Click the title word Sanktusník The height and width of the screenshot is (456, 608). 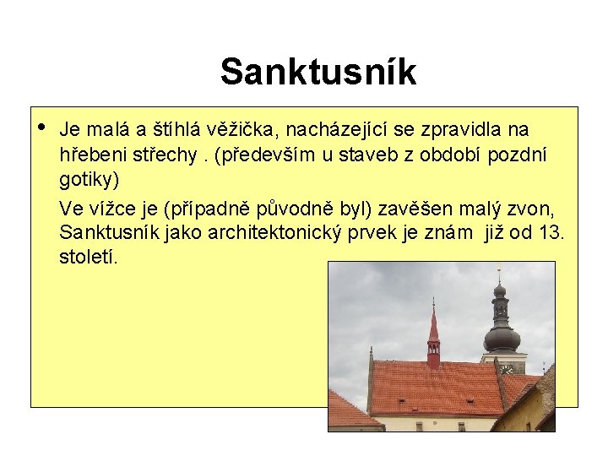click(x=318, y=72)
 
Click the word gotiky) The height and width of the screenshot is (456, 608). click(x=90, y=180)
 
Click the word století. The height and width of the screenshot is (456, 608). click(x=89, y=257)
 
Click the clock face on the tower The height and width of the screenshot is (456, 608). click(x=506, y=369)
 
